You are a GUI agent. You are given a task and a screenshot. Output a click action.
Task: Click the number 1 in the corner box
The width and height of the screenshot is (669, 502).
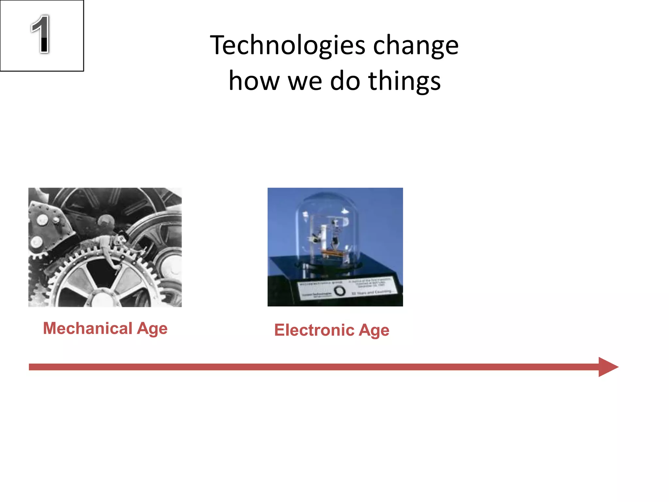coord(41,34)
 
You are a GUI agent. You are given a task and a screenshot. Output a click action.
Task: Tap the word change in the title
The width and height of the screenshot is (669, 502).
coord(416,46)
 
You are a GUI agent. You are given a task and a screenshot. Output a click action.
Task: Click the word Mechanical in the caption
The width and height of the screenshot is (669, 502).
coord(88,328)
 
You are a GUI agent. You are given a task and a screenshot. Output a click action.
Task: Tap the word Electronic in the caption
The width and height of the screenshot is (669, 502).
coord(314,330)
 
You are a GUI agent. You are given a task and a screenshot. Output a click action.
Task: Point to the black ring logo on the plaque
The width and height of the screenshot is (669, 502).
coord(340,291)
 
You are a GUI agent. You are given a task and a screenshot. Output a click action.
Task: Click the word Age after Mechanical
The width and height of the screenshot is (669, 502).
coord(152,329)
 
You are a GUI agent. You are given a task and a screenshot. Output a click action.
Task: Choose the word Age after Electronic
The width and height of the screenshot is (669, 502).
coord(374,330)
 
